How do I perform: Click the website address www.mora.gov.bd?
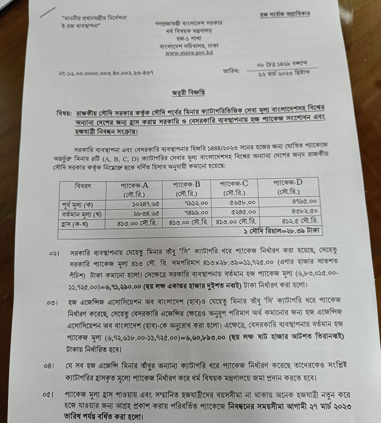click(189, 53)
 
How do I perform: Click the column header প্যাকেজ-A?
click(135, 185)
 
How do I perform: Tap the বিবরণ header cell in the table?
click(83, 186)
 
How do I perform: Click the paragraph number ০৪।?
click(50, 366)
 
